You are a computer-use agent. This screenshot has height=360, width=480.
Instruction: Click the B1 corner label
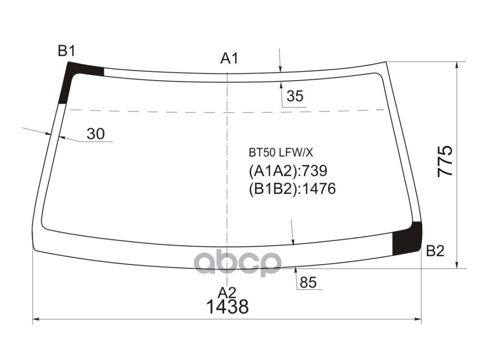[66, 51]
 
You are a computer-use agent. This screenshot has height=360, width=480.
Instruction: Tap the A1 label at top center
[229, 58]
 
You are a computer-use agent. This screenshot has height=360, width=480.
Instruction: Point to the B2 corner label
[435, 251]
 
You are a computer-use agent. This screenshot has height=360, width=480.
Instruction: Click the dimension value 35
[295, 96]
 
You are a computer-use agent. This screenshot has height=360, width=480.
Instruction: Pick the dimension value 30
[95, 134]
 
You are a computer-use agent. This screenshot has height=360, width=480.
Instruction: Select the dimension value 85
[308, 283]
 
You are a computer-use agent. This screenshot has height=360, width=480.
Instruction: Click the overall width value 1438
[227, 307]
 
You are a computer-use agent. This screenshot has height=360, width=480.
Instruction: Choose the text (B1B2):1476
[292, 189]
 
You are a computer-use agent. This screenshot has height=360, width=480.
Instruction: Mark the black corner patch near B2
[407, 239]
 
